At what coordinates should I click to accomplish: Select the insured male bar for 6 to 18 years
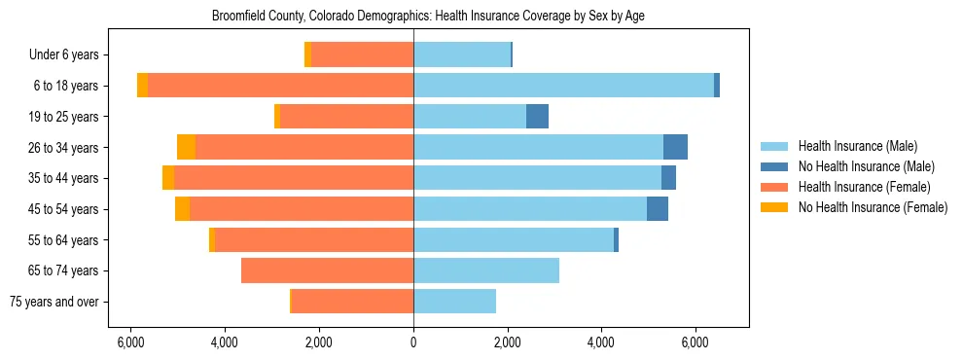(563, 86)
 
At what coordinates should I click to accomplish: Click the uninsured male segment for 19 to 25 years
(537, 117)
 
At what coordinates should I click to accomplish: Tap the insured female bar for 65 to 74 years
(327, 270)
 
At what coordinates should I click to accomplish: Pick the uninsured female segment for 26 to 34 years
(186, 147)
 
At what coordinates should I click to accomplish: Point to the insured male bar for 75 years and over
(454, 302)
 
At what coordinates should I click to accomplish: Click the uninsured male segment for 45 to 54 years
(658, 209)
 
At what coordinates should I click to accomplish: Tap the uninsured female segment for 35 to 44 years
(168, 178)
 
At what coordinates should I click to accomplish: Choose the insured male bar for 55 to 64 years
(514, 239)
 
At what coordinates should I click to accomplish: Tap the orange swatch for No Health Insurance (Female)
(774, 207)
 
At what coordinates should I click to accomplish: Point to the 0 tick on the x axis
(413, 342)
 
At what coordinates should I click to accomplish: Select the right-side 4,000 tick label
(601, 342)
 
